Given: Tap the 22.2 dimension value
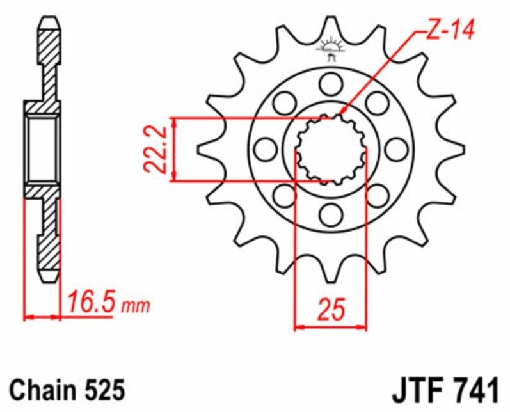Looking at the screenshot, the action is pos(155,150).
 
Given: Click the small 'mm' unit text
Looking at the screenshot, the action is pos(136,306).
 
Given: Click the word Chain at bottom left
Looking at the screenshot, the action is pos(42,389).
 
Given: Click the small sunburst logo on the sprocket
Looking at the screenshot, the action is pos(331,49).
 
